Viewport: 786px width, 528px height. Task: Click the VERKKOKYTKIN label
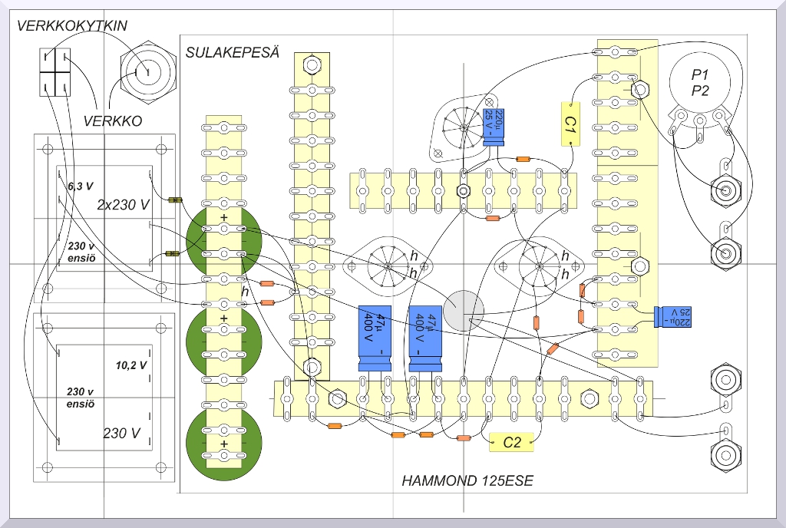click(x=72, y=26)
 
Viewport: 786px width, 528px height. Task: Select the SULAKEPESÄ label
click(x=232, y=53)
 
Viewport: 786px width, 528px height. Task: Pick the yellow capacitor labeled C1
click(x=570, y=124)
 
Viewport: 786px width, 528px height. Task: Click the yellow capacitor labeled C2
click(x=512, y=442)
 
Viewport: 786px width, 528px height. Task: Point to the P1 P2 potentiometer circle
click(x=699, y=83)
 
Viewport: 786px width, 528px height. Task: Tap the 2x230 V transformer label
click(x=124, y=205)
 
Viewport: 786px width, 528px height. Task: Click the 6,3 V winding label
click(x=80, y=186)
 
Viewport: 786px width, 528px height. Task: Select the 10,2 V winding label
click(x=130, y=365)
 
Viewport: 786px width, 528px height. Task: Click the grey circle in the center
click(x=464, y=310)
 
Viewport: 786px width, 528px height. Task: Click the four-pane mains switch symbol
click(x=55, y=71)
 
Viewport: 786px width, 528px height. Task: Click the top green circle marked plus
click(x=224, y=234)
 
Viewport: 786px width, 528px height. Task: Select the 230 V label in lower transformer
click(x=122, y=433)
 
